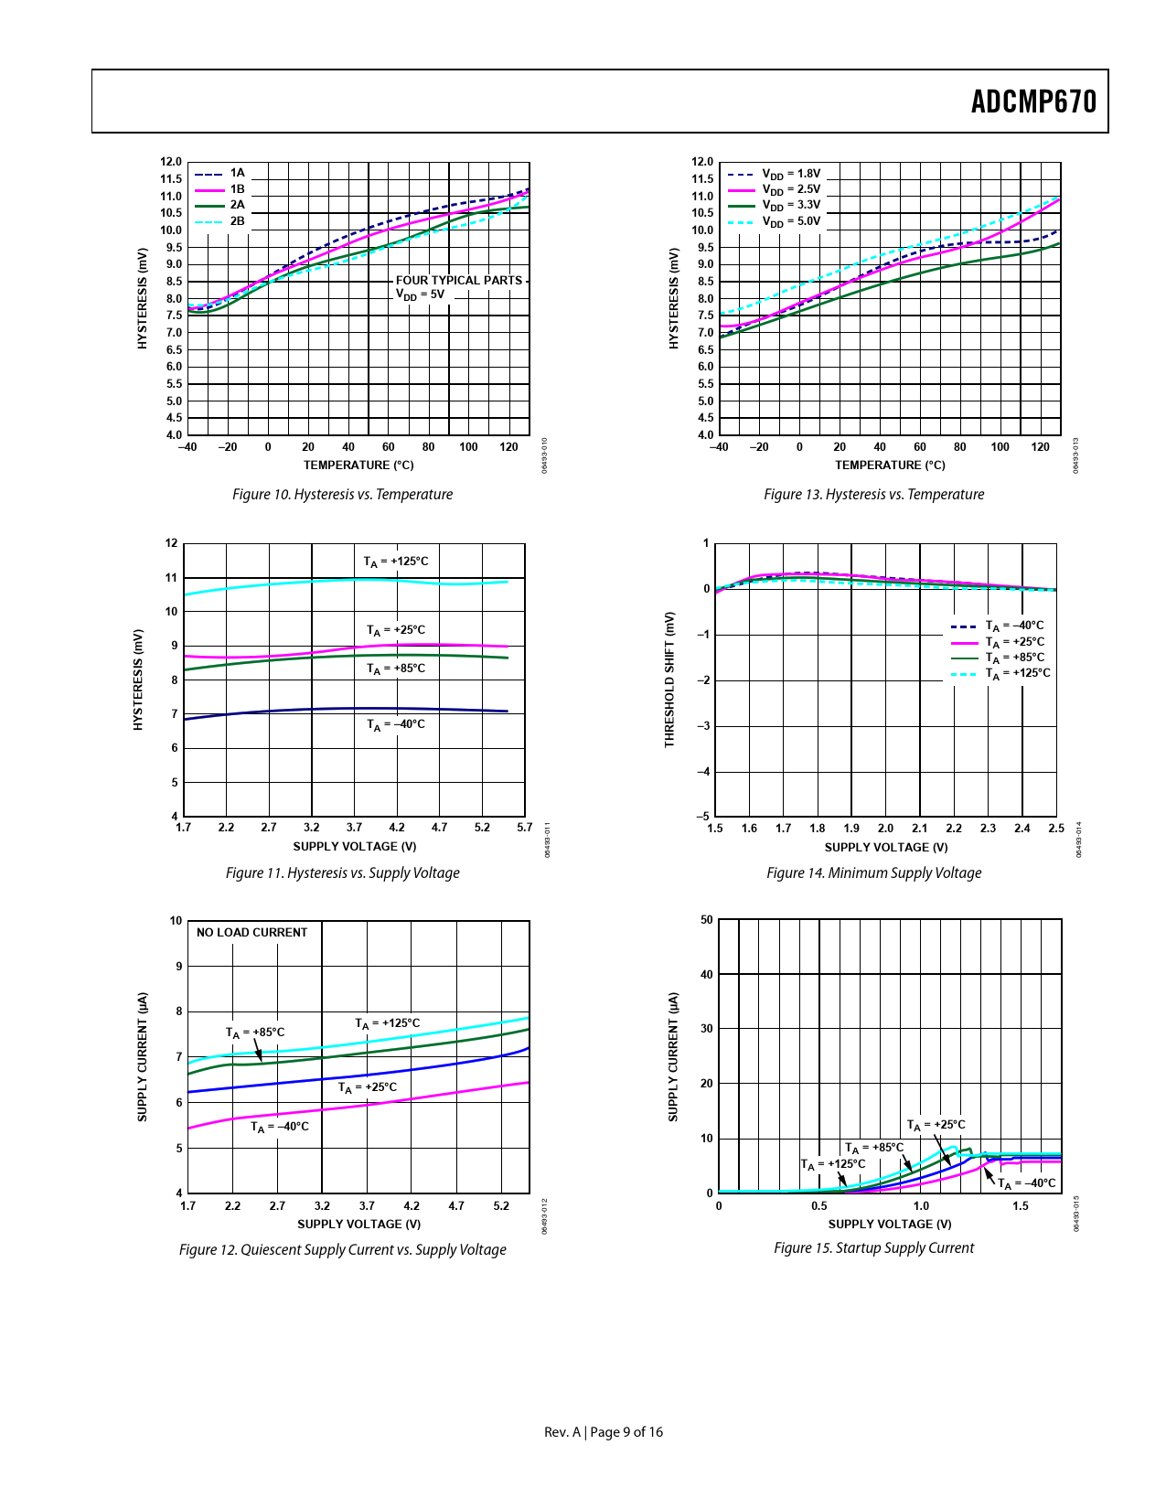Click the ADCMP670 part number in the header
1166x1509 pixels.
pyautogui.click(x=1033, y=102)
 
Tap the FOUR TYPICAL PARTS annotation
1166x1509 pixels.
pyautogui.click(x=458, y=281)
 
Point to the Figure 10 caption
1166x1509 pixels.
pyautogui.click(x=342, y=495)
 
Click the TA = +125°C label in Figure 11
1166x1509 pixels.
pyautogui.click(x=395, y=562)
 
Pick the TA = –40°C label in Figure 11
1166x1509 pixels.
pyautogui.click(x=395, y=724)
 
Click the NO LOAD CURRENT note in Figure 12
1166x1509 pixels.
pyautogui.click(x=251, y=933)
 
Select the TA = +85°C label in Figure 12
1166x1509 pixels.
pyautogui.click(x=255, y=1033)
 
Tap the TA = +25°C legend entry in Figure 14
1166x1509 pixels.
pyautogui.click(x=1014, y=642)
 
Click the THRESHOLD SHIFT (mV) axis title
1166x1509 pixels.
pyautogui.click(x=669, y=680)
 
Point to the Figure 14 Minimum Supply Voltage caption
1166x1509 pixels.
pyautogui.click(x=873, y=873)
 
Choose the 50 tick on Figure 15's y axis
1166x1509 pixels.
pyautogui.click(x=706, y=920)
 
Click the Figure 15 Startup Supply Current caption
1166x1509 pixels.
pyautogui.click(x=873, y=1248)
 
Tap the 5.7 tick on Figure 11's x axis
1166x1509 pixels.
pyautogui.click(x=524, y=828)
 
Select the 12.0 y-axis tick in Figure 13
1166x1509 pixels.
pyautogui.click(x=702, y=162)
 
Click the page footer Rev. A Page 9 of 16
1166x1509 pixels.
pyautogui.click(x=604, y=1432)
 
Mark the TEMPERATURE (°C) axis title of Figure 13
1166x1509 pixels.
pyautogui.click(x=890, y=466)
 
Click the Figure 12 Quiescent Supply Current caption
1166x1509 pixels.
pyautogui.click(x=342, y=1250)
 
